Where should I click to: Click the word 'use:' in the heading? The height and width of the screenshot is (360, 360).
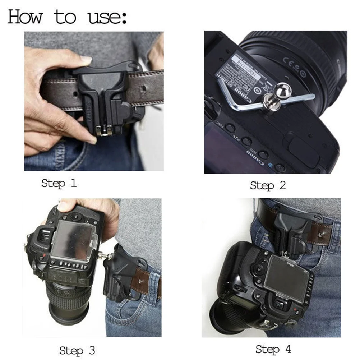point(107,17)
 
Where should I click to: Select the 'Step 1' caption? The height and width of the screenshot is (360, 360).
point(59,183)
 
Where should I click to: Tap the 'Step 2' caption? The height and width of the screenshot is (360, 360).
point(268,185)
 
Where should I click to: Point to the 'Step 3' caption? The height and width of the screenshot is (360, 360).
point(77,350)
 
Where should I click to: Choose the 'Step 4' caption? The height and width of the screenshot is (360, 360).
point(273,349)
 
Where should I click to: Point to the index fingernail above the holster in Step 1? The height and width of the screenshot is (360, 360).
point(86,59)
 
